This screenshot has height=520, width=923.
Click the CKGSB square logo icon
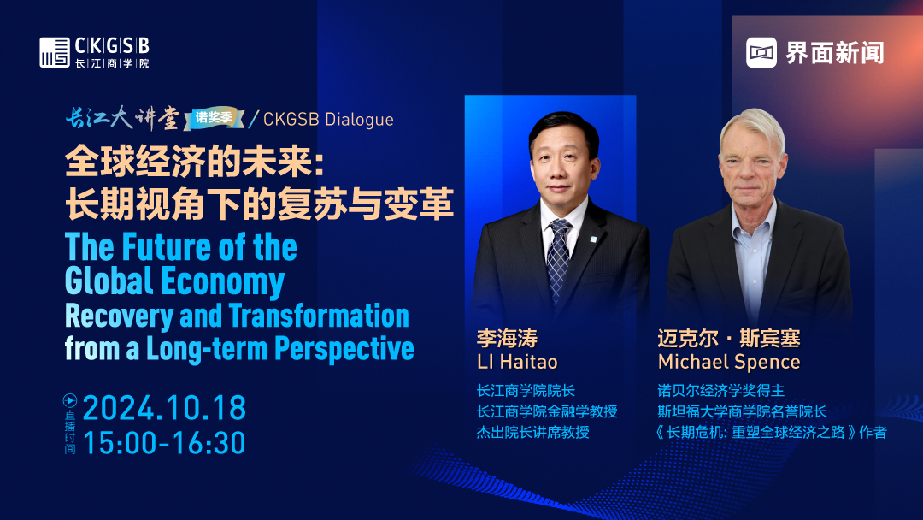55,52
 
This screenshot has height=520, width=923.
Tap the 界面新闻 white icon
761,52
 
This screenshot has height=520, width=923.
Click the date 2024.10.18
164,408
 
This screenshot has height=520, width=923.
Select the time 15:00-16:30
164,443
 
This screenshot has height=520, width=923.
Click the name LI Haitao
517,362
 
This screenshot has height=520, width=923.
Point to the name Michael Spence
729,362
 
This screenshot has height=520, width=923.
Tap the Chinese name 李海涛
507,338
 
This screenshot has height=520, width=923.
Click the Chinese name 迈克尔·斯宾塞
729,338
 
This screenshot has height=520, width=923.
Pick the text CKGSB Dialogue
328,119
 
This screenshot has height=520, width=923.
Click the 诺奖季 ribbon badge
214,118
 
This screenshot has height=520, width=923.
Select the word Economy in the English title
222,281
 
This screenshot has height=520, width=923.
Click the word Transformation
319,315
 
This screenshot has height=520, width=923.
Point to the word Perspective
344,349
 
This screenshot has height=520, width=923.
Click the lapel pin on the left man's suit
593,239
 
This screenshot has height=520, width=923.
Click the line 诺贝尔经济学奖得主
721,390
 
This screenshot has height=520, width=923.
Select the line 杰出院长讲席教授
532,432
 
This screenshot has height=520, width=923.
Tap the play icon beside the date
70,401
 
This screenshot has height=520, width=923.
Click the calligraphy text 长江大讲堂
122,118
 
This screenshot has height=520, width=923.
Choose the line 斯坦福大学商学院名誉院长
743,411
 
